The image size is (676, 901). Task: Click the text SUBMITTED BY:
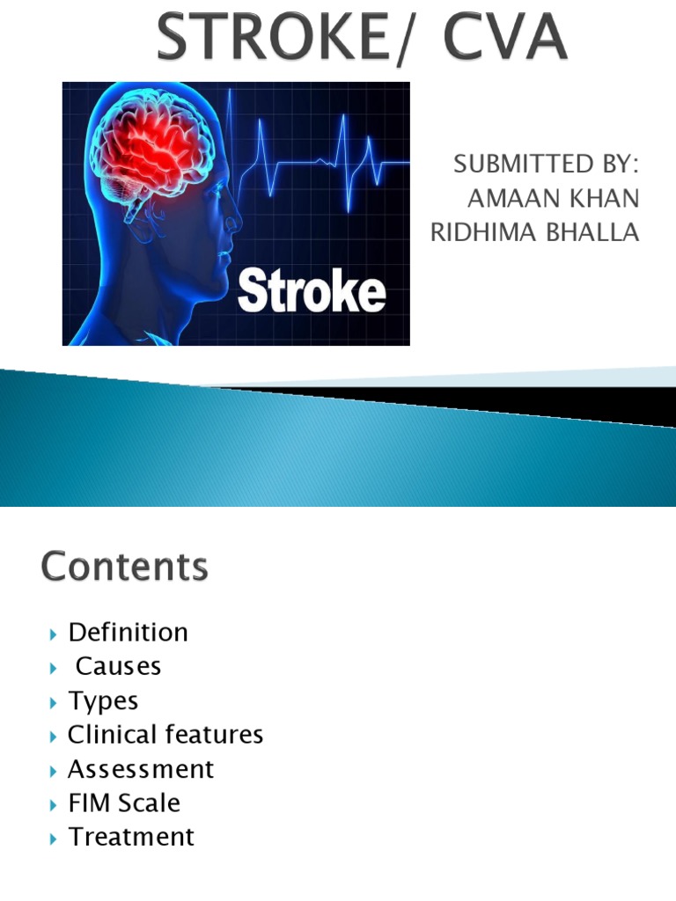click(x=545, y=165)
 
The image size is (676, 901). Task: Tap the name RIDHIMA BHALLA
click(x=534, y=232)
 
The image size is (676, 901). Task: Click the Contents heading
click(x=124, y=567)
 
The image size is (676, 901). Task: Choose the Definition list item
click(x=128, y=633)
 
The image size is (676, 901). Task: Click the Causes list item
click(x=118, y=667)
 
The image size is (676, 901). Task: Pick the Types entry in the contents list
click(x=103, y=701)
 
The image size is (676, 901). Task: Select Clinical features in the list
click(x=165, y=735)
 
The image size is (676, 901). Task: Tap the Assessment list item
click(x=141, y=769)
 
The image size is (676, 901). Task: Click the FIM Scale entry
click(x=124, y=802)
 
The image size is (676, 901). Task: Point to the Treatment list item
click(x=131, y=837)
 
